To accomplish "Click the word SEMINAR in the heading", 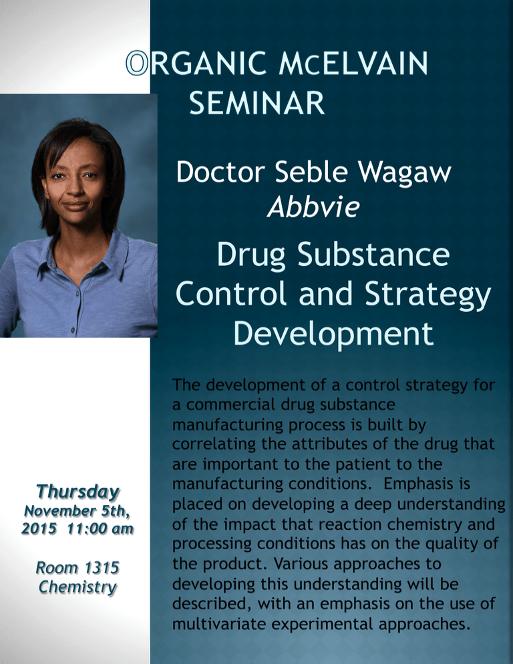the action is click(x=256, y=102).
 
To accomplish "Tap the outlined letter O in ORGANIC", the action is click(x=137, y=63).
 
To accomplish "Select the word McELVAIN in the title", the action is click(x=353, y=63).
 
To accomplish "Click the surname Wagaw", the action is click(x=405, y=173).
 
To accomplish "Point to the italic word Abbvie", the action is click(x=313, y=207).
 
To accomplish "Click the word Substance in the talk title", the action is click(x=373, y=255).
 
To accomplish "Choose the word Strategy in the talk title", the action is click(x=428, y=295).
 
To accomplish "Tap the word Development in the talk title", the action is click(x=334, y=335).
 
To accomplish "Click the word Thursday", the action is click(x=78, y=492).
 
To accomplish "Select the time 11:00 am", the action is click(x=101, y=529).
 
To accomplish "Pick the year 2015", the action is click(x=39, y=529).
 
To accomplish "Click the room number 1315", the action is click(x=102, y=567).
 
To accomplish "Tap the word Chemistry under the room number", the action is click(x=77, y=587).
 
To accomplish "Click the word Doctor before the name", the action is click(x=220, y=172).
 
